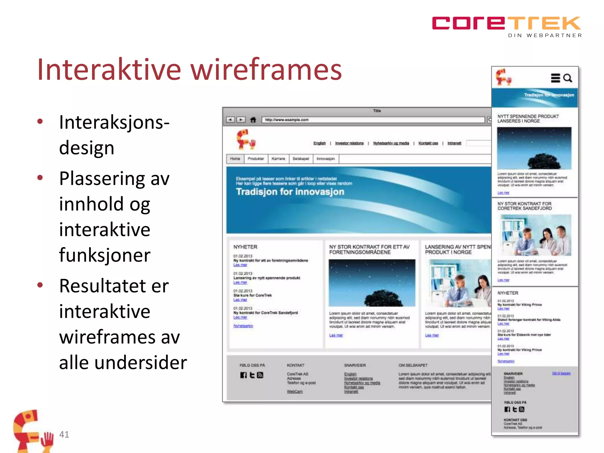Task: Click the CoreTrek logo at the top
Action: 506,24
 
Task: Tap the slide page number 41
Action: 64,434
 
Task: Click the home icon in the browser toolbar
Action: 253,120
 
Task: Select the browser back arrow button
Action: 230,120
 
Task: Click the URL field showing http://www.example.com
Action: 373,120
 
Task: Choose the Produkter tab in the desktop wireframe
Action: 256,159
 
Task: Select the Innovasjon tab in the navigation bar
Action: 326,159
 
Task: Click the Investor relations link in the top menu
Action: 349,143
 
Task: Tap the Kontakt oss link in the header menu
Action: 428,143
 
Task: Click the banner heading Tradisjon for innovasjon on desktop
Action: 290,192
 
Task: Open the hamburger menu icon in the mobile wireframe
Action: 555,78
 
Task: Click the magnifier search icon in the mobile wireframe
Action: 568,78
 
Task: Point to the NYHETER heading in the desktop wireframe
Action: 245,247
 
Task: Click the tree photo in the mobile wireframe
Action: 534,148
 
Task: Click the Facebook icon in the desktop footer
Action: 243,375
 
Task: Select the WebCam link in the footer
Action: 295,392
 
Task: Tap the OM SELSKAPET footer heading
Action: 413,365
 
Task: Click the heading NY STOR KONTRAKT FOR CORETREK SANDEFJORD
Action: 524,206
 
